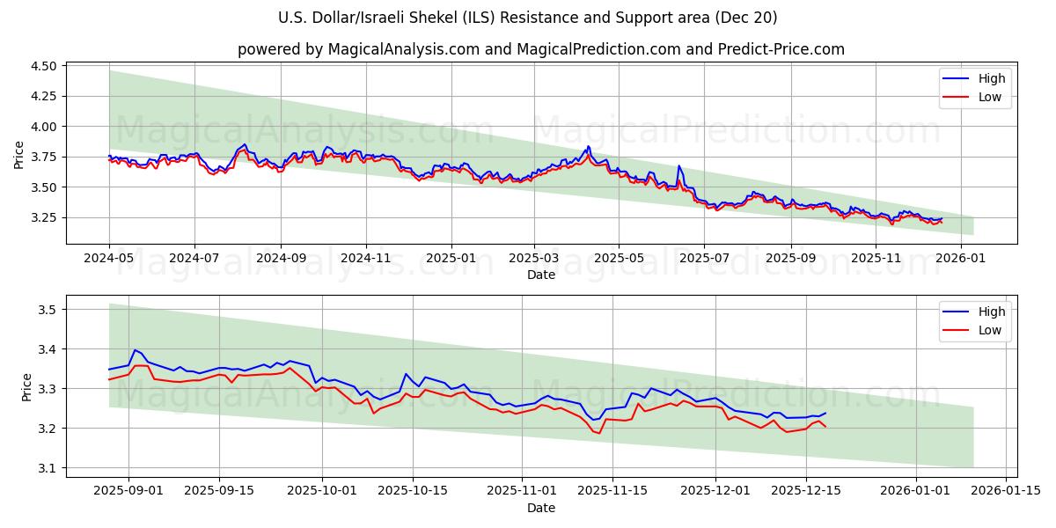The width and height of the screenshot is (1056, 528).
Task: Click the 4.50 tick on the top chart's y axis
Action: pyautogui.click(x=44, y=66)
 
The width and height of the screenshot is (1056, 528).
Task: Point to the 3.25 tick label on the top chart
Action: pyautogui.click(x=44, y=217)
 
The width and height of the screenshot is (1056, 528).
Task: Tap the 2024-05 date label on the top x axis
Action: pyautogui.click(x=109, y=259)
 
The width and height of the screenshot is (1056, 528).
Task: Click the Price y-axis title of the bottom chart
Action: pyautogui.click(x=26, y=386)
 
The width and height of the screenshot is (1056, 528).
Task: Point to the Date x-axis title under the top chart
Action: pyautogui.click(x=540, y=275)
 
